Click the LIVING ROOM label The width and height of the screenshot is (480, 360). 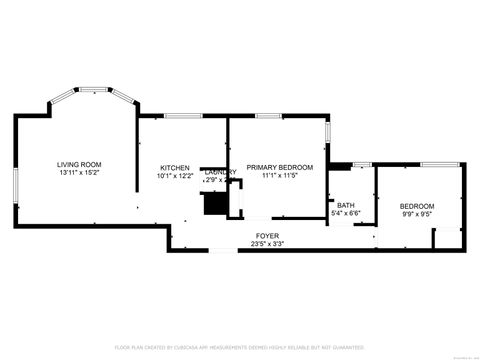pos(79,164)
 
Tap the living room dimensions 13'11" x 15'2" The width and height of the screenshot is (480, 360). pos(79,174)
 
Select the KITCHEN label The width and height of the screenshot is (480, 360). pos(175,167)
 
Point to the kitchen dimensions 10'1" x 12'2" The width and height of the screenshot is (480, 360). pos(175,176)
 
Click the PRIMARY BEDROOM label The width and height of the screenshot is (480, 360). pos(280,167)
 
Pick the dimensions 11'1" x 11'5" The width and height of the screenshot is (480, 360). pos(280,176)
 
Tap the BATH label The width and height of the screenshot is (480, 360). pos(345,205)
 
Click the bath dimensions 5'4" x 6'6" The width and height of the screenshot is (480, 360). pos(345,213)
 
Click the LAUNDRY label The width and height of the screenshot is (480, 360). pos(220,172)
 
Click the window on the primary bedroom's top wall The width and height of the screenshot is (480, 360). pos(268,116)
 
